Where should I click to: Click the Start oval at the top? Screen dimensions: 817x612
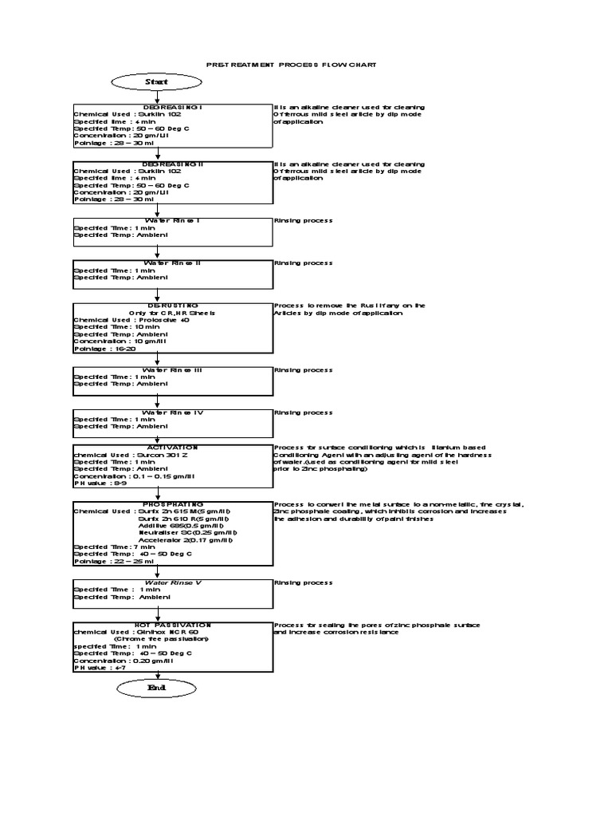click(158, 81)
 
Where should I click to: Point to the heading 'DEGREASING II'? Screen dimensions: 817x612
click(173, 164)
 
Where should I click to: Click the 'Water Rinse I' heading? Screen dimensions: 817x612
click(171, 220)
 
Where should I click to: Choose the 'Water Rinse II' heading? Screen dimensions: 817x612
click(172, 262)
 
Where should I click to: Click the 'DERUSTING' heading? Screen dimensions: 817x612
click(172, 305)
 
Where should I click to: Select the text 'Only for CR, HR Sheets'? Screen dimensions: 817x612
click(172, 313)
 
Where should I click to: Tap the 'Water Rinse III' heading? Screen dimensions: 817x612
click(172, 370)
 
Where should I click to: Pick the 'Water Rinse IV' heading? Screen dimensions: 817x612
click(172, 412)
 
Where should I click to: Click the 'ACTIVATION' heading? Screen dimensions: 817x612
click(172, 448)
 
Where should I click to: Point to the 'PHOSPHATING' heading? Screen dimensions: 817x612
click(172, 504)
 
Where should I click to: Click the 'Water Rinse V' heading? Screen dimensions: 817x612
click(172, 582)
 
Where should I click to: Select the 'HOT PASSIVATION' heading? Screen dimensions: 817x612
click(172, 625)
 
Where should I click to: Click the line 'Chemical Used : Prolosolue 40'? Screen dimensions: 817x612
click(132, 320)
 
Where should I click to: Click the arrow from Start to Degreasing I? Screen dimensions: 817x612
click(158, 97)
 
